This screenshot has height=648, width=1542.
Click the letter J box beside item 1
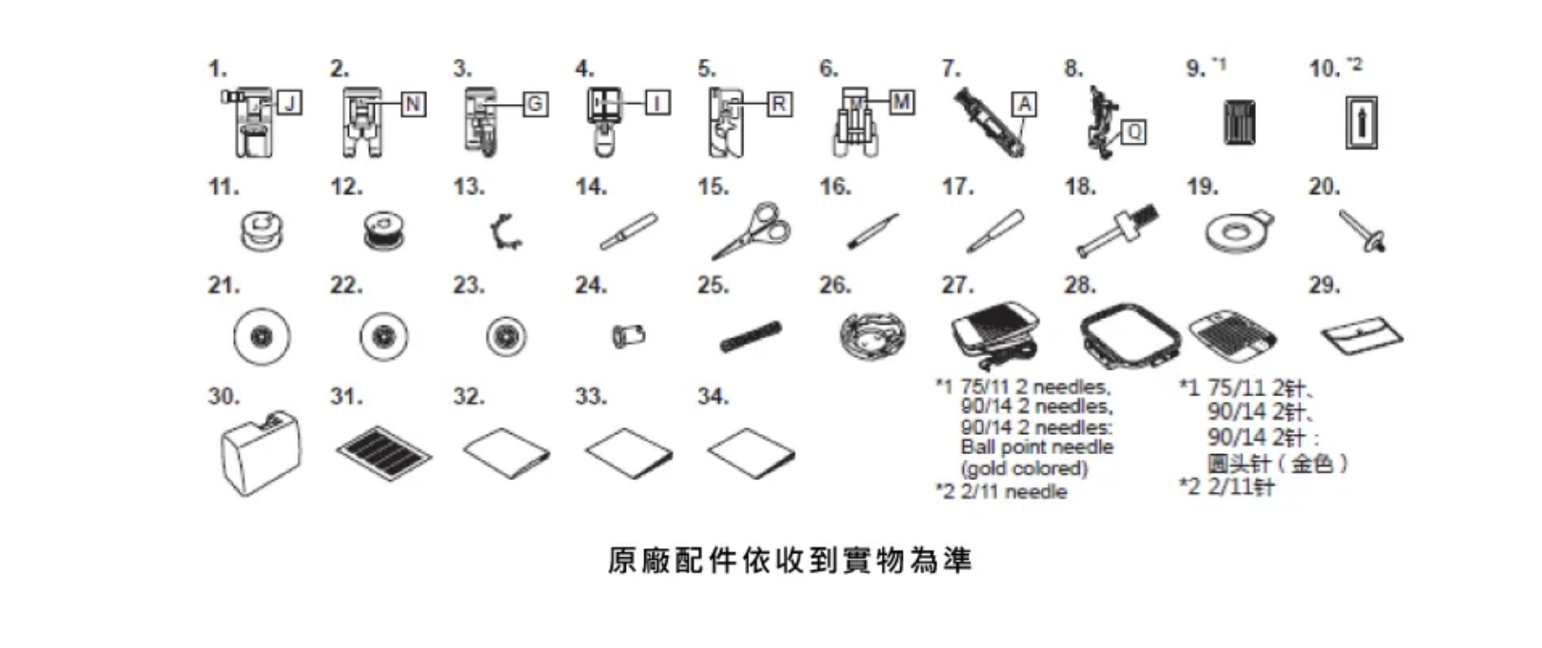click(x=289, y=103)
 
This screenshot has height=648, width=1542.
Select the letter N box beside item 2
click(x=412, y=104)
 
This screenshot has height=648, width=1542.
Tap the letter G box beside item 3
click(x=534, y=104)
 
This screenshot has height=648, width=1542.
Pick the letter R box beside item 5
click(x=779, y=104)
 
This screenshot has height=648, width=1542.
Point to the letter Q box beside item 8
click(x=1133, y=132)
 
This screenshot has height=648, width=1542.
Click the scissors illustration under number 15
click(x=751, y=230)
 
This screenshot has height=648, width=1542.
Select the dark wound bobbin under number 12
click(x=384, y=231)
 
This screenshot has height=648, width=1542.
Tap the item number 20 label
click(x=1323, y=186)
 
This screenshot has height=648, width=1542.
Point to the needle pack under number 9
click(x=1239, y=123)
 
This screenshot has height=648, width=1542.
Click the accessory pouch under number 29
click(x=1361, y=336)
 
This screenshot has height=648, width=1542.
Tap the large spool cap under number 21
click(x=262, y=337)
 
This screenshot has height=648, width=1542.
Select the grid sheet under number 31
click(x=384, y=452)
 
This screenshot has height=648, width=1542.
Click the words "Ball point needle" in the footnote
click(x=1036, y=447)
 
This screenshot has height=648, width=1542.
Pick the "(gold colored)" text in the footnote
click(x=1024, y=468)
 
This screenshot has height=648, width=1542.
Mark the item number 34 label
click(x=712, y=396)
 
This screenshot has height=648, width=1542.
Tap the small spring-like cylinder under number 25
click(x=750, y=337)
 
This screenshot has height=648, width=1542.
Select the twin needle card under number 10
click(x=1361, y=123)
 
